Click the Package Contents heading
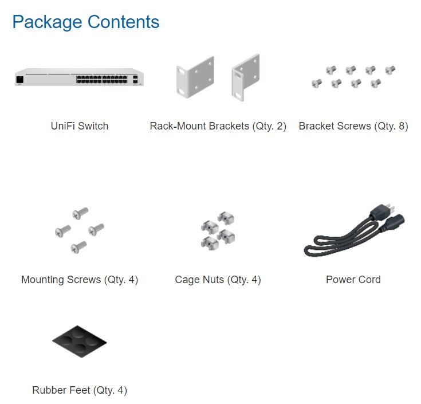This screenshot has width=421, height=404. click(86, 22)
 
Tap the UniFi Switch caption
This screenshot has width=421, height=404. click(80, 126)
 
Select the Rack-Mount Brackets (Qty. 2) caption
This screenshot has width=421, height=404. click(218, 126)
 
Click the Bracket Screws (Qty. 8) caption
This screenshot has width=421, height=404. click(353, 126)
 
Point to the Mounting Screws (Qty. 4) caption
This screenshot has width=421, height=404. click(80, 280)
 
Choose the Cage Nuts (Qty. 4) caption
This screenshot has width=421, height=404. click(218, 280)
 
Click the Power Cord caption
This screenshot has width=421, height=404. click(353, 280)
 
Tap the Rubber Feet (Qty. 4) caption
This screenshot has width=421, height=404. click(80, 390)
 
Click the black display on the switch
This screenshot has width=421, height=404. click(20, 80)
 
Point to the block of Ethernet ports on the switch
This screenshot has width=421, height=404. click(101, 79)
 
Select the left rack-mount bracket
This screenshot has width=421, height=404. click(195, 77)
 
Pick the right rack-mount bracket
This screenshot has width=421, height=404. click(246, 77)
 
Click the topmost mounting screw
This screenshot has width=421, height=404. click(80, 213)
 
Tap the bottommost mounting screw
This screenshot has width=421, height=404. click(78, 247)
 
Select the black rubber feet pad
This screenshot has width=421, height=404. click(80, 342)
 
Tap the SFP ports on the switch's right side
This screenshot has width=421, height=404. click(135, 79)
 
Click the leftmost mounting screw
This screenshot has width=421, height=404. click(63, 232)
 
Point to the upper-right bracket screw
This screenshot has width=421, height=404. click(390, 70)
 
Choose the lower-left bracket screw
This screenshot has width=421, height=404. click(317, 83)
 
